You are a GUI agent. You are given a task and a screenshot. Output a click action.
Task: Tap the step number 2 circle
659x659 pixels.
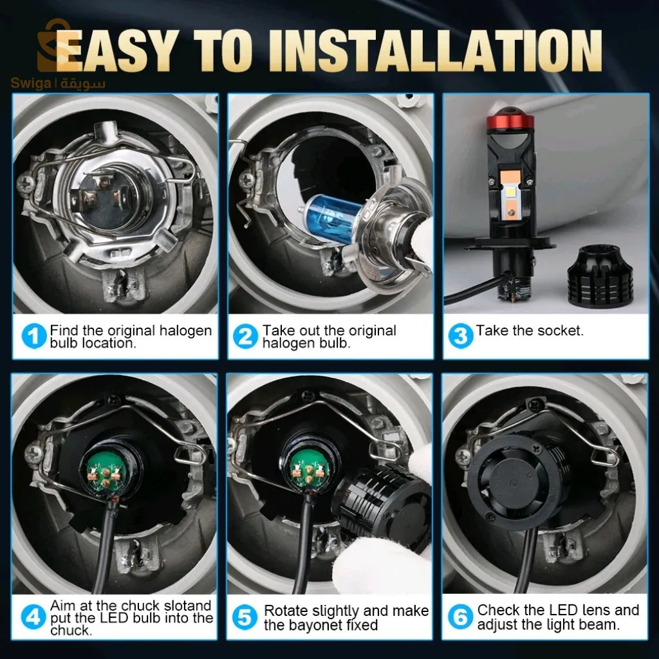pos(245,337)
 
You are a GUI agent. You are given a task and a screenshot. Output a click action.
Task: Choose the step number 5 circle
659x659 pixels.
pos(245,618)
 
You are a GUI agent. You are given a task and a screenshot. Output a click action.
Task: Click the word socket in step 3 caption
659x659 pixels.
pos(561,331)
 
